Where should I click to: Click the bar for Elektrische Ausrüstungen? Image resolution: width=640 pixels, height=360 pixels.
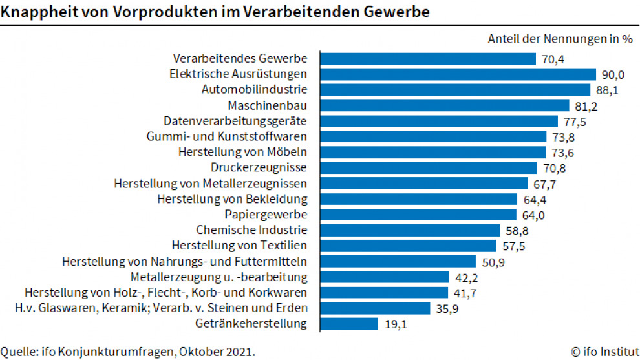[x=458, y=74]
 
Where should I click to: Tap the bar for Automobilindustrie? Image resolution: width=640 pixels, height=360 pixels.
[x=455, y=90]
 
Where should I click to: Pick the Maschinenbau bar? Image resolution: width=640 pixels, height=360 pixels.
[x=444, y=105]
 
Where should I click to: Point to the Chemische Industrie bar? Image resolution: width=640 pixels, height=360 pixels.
[x=410, y=230]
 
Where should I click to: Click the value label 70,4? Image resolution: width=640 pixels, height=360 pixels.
[x=553, y=59]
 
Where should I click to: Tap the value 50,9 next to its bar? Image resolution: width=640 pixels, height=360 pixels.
[x=493, y=261]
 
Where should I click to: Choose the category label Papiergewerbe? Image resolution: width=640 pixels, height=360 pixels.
[x=266, y=214]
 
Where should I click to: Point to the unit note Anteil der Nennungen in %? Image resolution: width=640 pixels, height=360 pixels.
[x=559, y=39]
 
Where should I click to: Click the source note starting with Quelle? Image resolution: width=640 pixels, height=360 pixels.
[x=127, y=352]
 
